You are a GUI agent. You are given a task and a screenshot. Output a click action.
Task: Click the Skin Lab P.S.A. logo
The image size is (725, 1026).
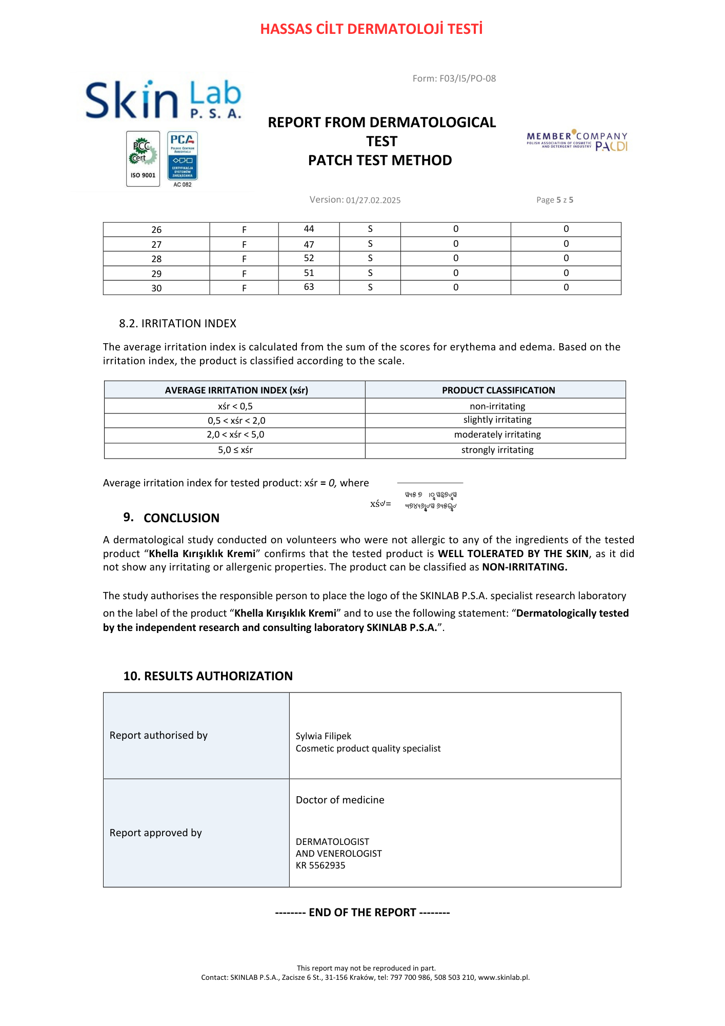click(163, 100)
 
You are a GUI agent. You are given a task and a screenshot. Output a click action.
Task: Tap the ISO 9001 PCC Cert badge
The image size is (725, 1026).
click(143, 159)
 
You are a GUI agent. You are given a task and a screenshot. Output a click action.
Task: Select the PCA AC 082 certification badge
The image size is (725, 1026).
click(183, 159)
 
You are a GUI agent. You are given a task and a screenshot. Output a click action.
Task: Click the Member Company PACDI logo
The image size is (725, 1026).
click(577, 141)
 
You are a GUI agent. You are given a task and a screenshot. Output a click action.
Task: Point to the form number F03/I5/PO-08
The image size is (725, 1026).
click(454, 78)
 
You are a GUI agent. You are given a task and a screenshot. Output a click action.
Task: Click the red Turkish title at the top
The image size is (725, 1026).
click(371, 29)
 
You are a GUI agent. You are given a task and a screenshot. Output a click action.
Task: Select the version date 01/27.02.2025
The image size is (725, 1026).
click(373, 200)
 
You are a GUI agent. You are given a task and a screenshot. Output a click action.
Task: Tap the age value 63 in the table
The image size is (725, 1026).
click(309, 287)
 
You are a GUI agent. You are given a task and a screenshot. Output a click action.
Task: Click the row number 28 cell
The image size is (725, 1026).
click(156, 259)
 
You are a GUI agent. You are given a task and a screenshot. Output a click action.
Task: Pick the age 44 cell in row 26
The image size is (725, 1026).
click(309, 229)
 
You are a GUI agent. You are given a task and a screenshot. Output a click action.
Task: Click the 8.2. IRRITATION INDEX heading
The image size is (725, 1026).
click(177, 324)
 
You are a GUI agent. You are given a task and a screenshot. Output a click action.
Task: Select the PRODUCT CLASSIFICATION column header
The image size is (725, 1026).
click(498, 390)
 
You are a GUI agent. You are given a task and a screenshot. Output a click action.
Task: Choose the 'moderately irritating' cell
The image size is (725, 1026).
click(497, 435)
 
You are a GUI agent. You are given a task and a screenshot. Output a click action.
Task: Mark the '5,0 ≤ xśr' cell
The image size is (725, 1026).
click(235, 450)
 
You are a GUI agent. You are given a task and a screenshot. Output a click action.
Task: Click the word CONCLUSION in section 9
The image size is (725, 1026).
click(182, 518)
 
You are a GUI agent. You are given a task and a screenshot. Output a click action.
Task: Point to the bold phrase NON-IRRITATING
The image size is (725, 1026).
click(525, 567)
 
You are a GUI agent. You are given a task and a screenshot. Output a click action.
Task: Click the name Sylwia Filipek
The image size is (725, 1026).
click(324, 736)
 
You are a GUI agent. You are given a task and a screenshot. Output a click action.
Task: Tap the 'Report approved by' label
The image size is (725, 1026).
click(156, 833)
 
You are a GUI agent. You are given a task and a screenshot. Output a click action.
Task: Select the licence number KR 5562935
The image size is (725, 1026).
click(320, 866)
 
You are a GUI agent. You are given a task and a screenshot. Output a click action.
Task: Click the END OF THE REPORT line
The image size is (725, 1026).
click(362, 913)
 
